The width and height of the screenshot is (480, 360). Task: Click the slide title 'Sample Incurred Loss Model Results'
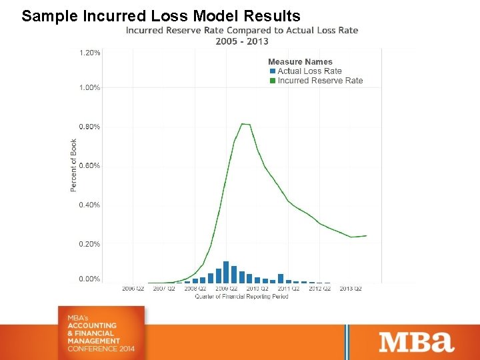pyautogui.click(x=161, y=16)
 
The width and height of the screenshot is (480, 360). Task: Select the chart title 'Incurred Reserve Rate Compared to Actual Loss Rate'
pyautogui.click(x=242, y=30)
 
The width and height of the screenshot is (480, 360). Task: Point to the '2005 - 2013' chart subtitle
pyautogui.click(x=242, y=41)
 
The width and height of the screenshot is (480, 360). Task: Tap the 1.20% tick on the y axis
pyautogui.click(x=90, y=53)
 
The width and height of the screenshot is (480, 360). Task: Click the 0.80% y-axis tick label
pyautogui.click(x=90, y=127)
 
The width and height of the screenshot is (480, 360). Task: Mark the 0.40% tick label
pyautogui.click(x=90, y=205)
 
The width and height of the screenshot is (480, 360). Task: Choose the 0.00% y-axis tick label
pyautogui.click(x=90, y=279)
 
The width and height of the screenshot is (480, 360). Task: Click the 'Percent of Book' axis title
pyautogui.click(x=73, y=165)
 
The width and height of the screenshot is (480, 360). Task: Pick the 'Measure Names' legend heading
pyautogui.click(x=300, y=62)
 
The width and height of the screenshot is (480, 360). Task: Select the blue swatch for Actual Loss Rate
pyautogui.click(x=272, y=71)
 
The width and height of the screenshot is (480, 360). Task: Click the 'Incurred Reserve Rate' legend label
pyautogui.click(x=320, y=81)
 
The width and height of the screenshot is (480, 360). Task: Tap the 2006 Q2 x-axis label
pyautogui.click(x=133, y=289)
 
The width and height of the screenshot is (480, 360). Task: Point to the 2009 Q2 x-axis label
pyautogui.click(x=226, y=289)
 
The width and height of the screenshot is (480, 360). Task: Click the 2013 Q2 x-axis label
pyautogui.click(x=351, y=289)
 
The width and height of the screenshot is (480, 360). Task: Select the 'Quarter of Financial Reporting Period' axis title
pyautogui.click(x=241, y=297)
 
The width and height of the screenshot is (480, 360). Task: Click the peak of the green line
pyautogui.click(x=245, y=123)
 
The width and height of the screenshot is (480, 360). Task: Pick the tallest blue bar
pyautogui.click(x=226, y=272)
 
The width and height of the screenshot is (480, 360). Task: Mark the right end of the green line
pyautogui.click(x=366, y=235)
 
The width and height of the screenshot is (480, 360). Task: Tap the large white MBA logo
pyautogui.click(x=417, y=342)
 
